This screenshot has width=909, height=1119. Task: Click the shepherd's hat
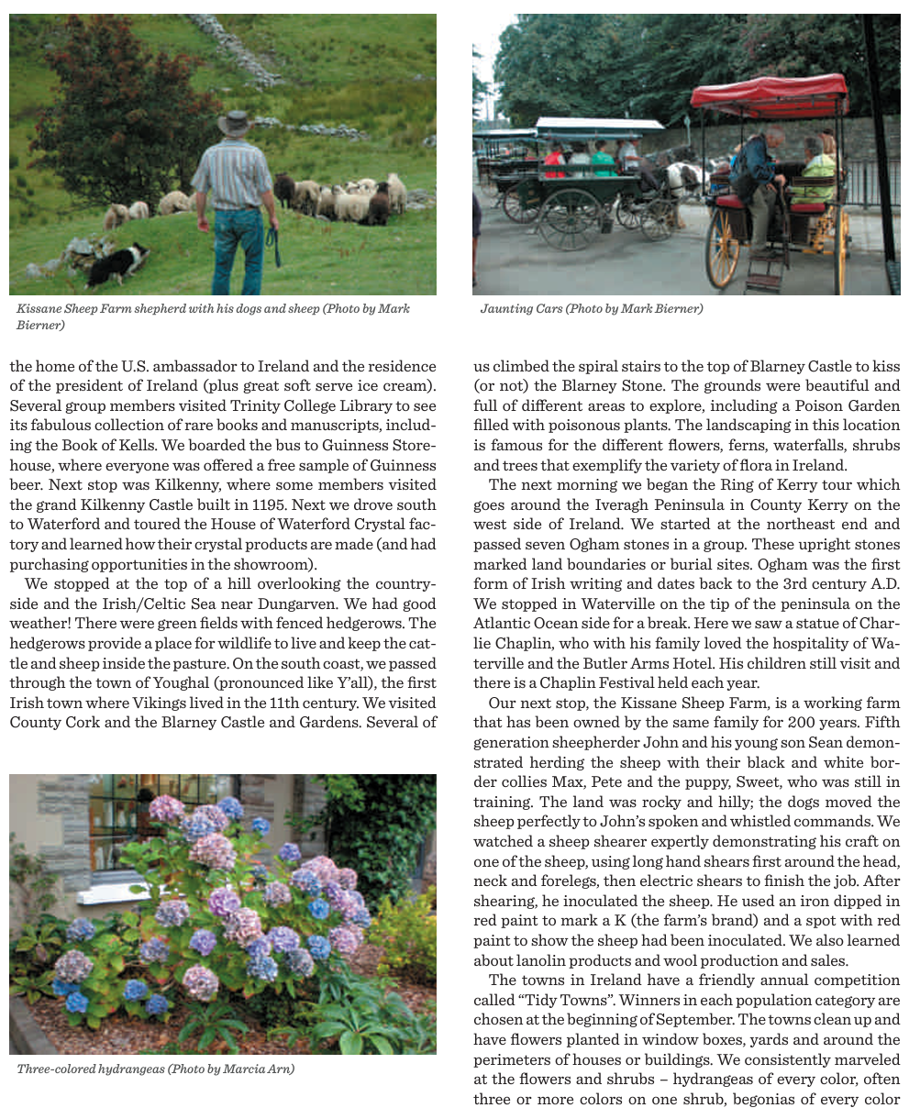click(233, 123)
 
